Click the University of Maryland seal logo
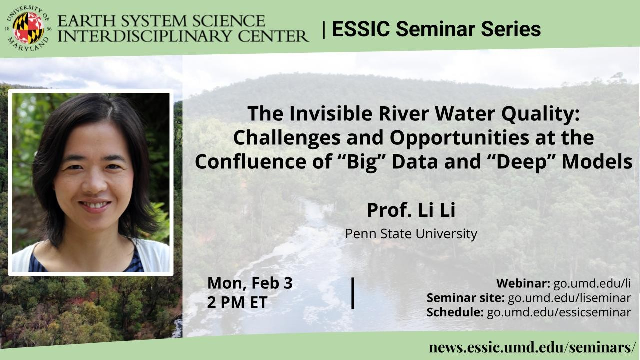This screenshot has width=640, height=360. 28,28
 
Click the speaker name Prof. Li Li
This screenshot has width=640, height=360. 411,210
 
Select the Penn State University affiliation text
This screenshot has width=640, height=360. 411,234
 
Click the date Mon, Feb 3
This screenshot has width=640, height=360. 250,283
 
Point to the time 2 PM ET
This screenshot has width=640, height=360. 237,302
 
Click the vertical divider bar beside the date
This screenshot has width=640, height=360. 353,293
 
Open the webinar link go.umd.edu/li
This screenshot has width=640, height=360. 592,283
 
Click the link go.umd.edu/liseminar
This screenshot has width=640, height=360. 569,298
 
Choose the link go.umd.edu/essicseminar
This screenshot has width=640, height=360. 559,313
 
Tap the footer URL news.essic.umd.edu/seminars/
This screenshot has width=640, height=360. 532,347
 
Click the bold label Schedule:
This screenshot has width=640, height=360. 455,312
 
